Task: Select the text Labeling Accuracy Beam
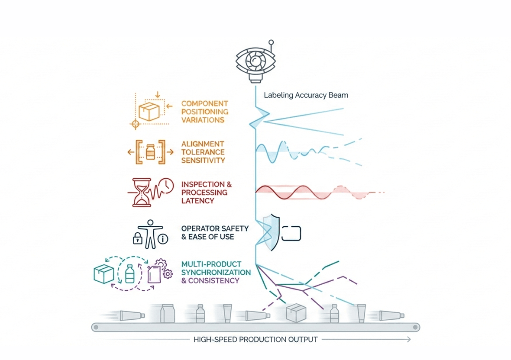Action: point(306,95)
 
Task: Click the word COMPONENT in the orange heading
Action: point(204,104)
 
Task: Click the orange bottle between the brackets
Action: point(150,153)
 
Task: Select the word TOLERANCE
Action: point(203,152)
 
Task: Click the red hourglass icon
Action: point(142,192)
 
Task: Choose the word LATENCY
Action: point(198,200)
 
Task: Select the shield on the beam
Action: point(270,232)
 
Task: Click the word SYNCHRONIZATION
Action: point(216,272)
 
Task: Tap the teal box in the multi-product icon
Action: point(104,274)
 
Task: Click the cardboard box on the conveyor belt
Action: point(297,313)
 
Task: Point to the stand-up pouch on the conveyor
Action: point(168,314)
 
